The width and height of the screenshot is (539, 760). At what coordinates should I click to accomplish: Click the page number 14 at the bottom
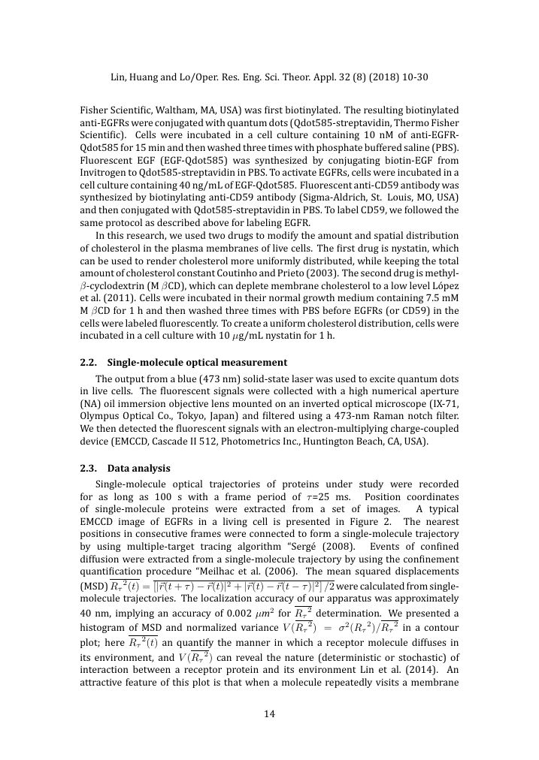tap(269, 713)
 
